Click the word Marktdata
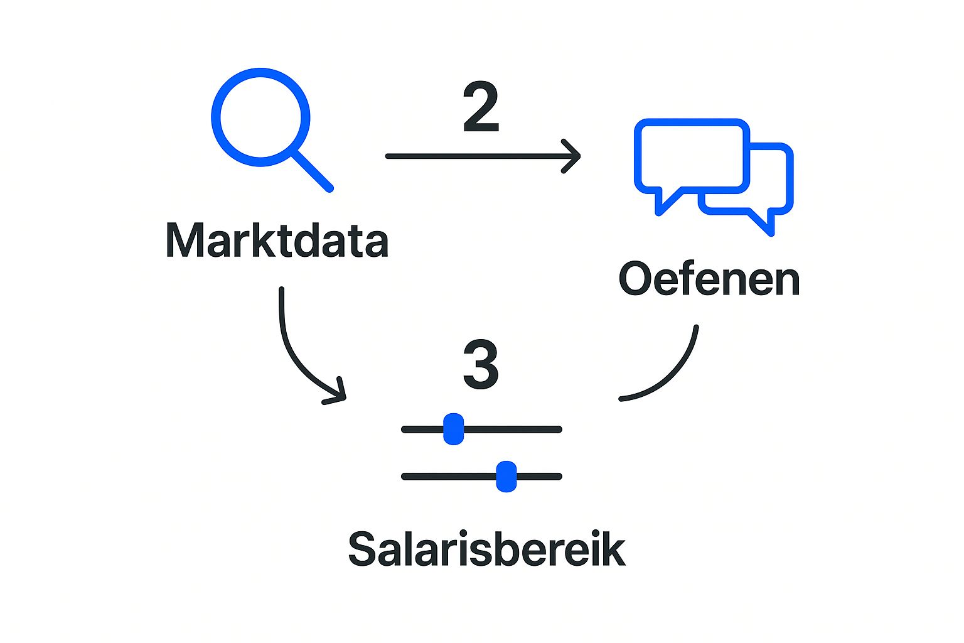[x=277, y=240]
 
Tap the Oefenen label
[x=709, y=279]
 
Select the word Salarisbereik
[x=487, y=549]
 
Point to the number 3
[x=481, y=365]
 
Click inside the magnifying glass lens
[x=260, y=117]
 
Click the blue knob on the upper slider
[x=453, y=430]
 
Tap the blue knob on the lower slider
[x=506, y=477]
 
